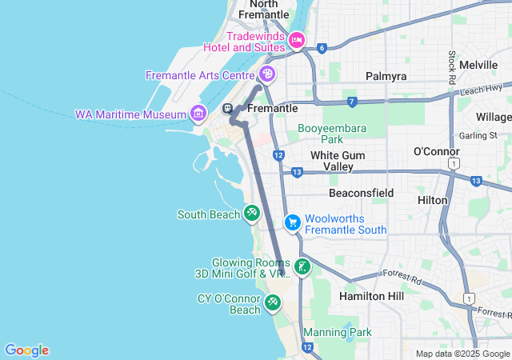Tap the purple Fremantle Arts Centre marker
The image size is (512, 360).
point(266,75)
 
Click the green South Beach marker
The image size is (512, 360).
point(251,214)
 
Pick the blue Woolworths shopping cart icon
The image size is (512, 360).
point(293,222)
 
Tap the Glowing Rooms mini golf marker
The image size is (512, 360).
point(302,267)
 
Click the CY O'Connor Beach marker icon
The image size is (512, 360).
point(273,302)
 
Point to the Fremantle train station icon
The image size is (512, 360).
point(228,109)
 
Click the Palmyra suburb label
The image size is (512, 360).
point(386,76)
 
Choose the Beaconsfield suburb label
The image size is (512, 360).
point(361,193)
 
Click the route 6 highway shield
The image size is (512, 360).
point(322,48)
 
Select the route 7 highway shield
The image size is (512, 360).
point(352,101)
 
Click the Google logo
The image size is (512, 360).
point(26,350)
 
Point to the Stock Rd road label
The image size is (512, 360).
point(452,68)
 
